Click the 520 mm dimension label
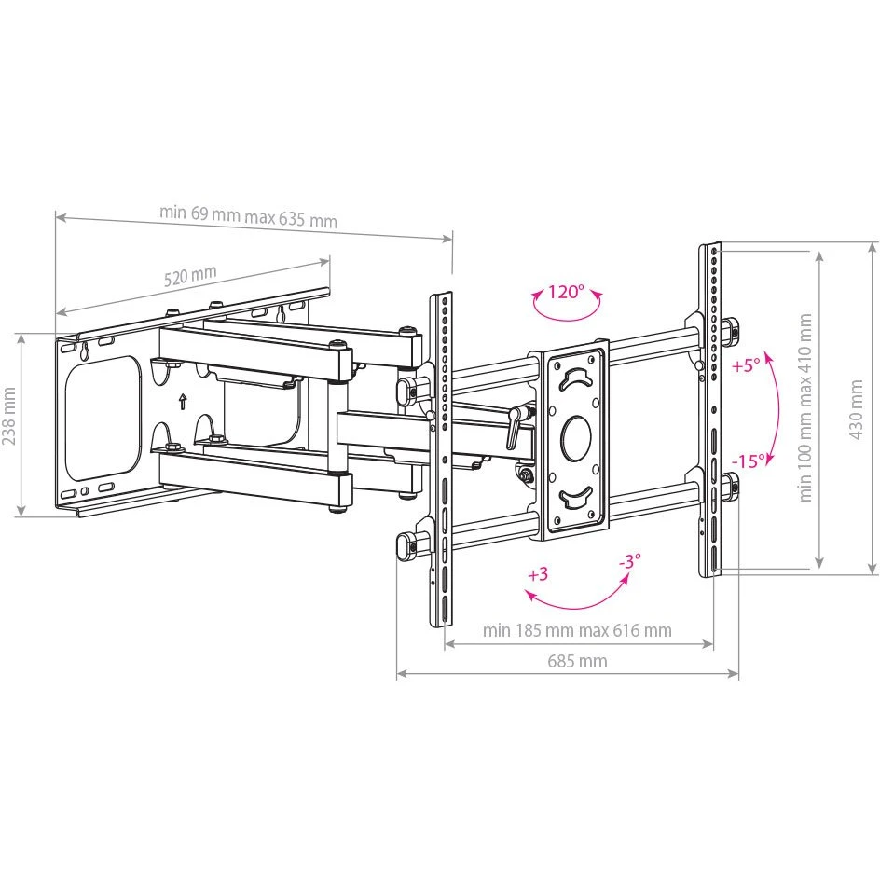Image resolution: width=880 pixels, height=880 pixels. point(190,276)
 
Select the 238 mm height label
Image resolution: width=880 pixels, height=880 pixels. point(9,416)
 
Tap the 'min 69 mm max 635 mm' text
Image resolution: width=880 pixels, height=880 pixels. point(248,215)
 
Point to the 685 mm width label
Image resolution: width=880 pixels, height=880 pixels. point(577,661)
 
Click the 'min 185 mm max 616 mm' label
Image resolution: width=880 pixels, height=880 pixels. point(577,630)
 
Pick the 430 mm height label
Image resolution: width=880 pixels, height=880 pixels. point(856,409)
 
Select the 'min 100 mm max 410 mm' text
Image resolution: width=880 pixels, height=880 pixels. point(805,407)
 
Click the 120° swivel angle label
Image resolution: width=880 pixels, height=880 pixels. point(566,292)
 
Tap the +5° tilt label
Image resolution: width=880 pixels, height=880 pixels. point(747,366)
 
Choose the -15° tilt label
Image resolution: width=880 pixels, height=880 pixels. point(749,461)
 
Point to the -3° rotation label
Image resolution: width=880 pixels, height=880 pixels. point(629,560)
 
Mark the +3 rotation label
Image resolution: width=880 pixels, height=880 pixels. point(538,574)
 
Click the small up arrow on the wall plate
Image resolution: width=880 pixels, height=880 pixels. point(182,402)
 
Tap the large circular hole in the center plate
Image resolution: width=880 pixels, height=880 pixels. point(576,438)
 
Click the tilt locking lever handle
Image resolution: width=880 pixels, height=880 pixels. point(513,428)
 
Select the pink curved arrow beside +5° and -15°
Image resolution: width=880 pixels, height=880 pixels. point(777,408)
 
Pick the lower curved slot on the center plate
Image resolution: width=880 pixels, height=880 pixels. point(577,496)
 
